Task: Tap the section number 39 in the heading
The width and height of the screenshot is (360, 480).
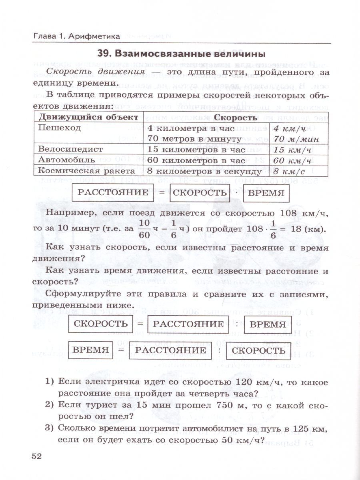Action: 105,53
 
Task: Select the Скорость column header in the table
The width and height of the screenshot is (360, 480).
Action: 236,118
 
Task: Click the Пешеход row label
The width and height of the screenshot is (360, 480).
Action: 59,128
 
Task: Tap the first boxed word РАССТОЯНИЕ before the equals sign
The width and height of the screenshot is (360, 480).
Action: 112,193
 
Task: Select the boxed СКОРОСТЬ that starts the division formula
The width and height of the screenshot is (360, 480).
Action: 101,324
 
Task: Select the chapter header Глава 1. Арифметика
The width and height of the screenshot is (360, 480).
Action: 76,36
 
